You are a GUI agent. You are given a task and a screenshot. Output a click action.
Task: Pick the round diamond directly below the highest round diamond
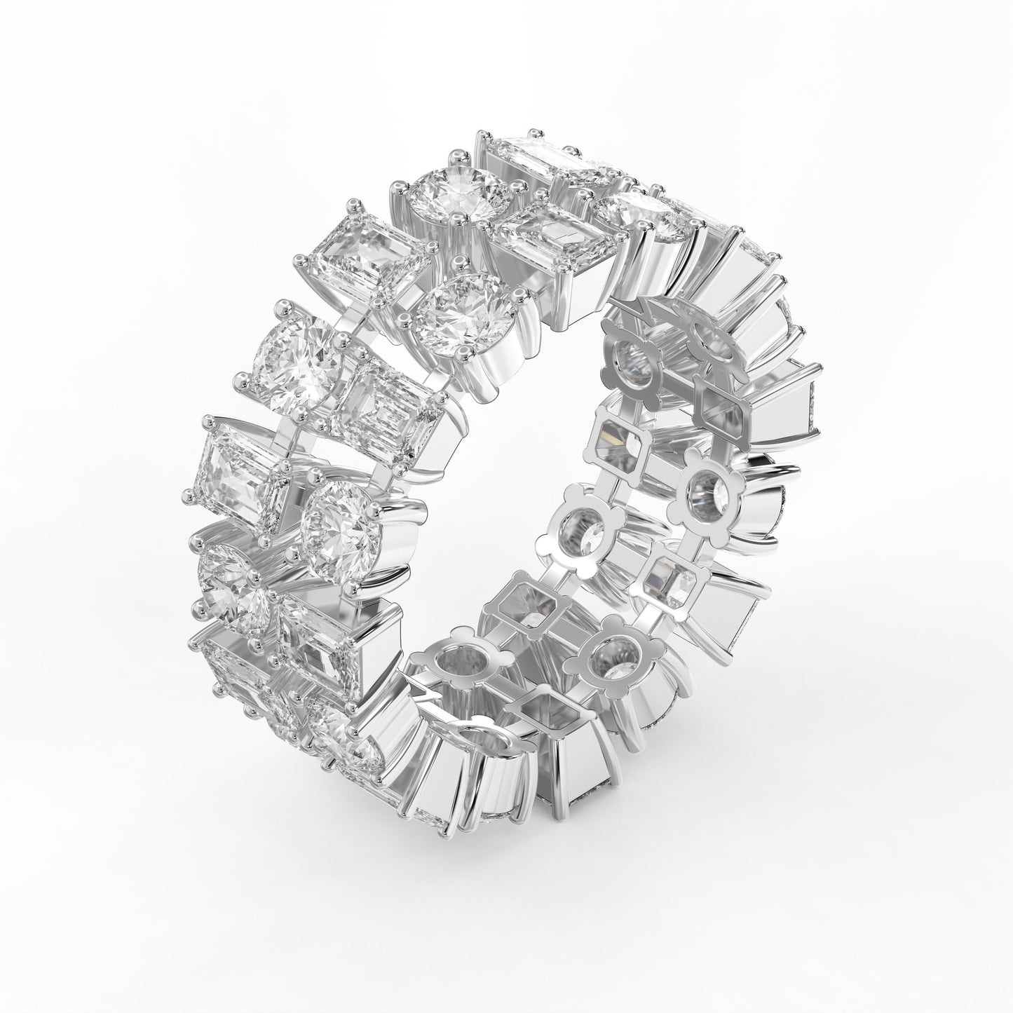click(x=463, y=313)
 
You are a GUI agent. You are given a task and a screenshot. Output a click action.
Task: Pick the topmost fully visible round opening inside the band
click(x=631, y=355)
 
